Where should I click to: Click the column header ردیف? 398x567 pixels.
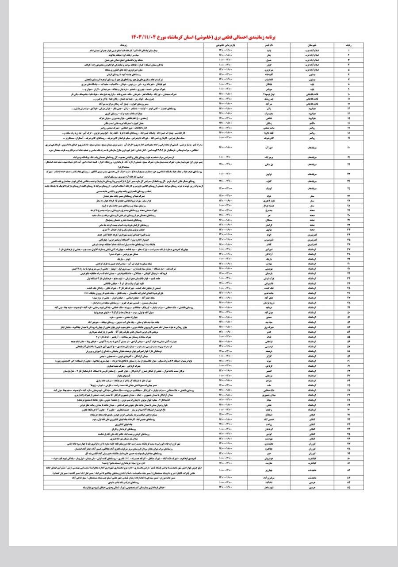[x=350, y=45]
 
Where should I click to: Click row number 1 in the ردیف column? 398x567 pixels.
[x=350, y=50]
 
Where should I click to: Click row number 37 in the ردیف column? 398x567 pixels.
[x=350, y=250]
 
